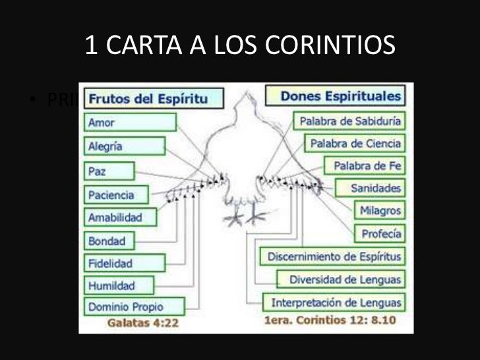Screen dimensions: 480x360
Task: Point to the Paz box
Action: pos(109,171)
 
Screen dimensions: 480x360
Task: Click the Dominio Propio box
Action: pos(134,307)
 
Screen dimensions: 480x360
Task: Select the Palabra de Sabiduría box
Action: pos(350,121)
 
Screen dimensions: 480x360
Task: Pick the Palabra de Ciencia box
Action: pos(355,143)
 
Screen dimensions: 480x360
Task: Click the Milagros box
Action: pos(380,211)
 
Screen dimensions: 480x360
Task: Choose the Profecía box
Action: pos(380,233)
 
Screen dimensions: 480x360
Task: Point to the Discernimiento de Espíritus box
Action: pos(333,256)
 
